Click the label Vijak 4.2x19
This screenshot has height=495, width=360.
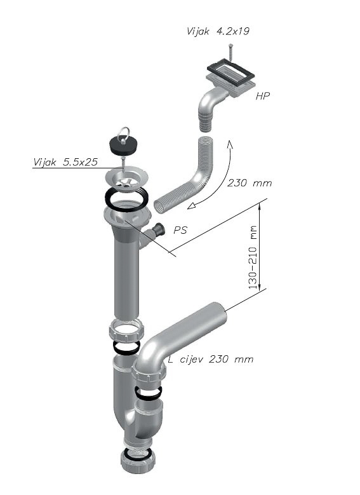(218, 31)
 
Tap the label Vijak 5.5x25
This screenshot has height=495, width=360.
(65, 162)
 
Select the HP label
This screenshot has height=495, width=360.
(262, 97)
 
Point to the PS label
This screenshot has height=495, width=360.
(180, 230)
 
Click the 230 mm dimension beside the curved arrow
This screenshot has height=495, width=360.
(250, 183)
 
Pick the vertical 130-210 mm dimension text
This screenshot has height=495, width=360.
(253, 257)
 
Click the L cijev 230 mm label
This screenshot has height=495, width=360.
(210, 359)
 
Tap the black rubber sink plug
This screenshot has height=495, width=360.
(122, 144)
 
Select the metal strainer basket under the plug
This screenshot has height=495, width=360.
(127, 179)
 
